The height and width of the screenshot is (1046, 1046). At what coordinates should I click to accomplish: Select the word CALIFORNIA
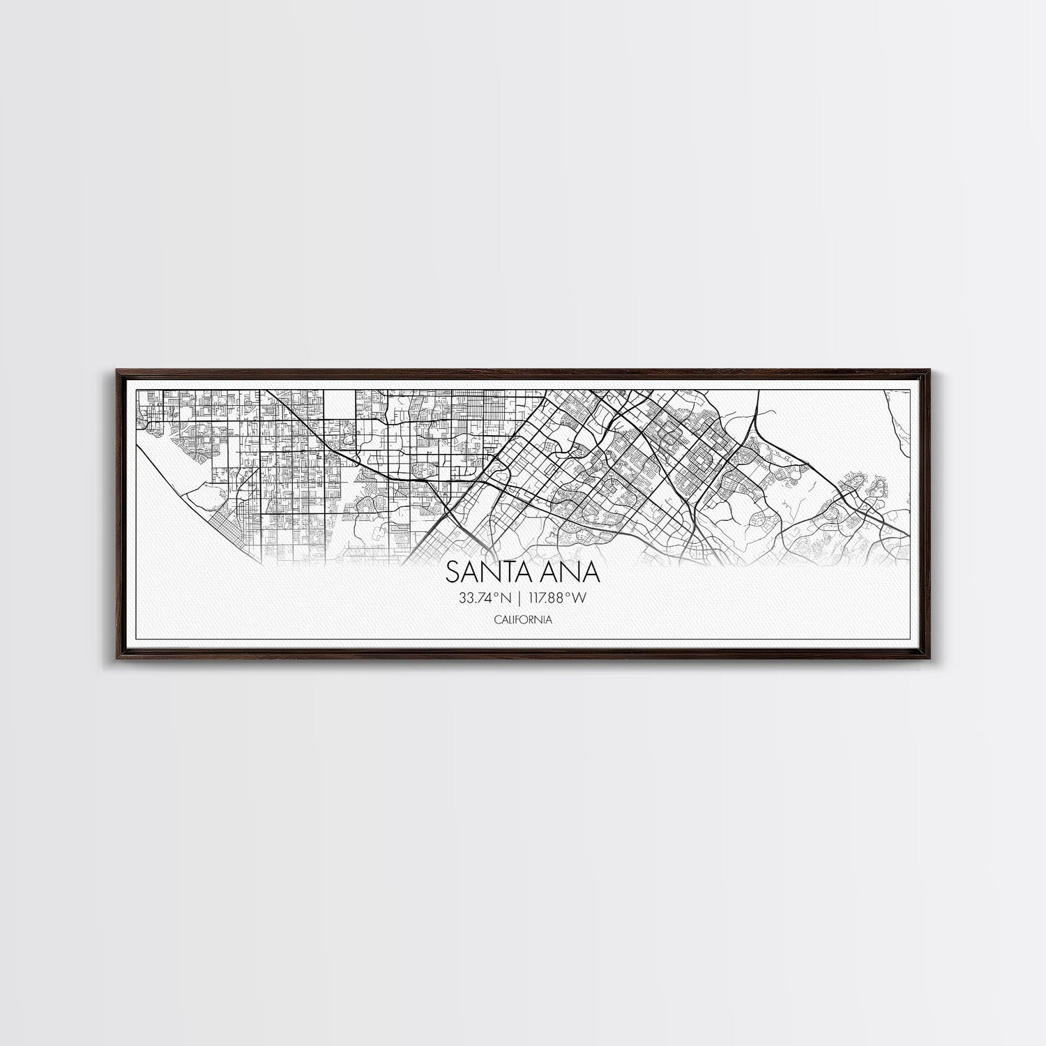coord(523,619)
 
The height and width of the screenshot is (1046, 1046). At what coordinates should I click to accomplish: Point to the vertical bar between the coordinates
coord(520,597)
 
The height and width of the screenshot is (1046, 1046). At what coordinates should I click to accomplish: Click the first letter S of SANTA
coord(453,572)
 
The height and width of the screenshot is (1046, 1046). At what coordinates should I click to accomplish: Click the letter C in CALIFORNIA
coord(496,619)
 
